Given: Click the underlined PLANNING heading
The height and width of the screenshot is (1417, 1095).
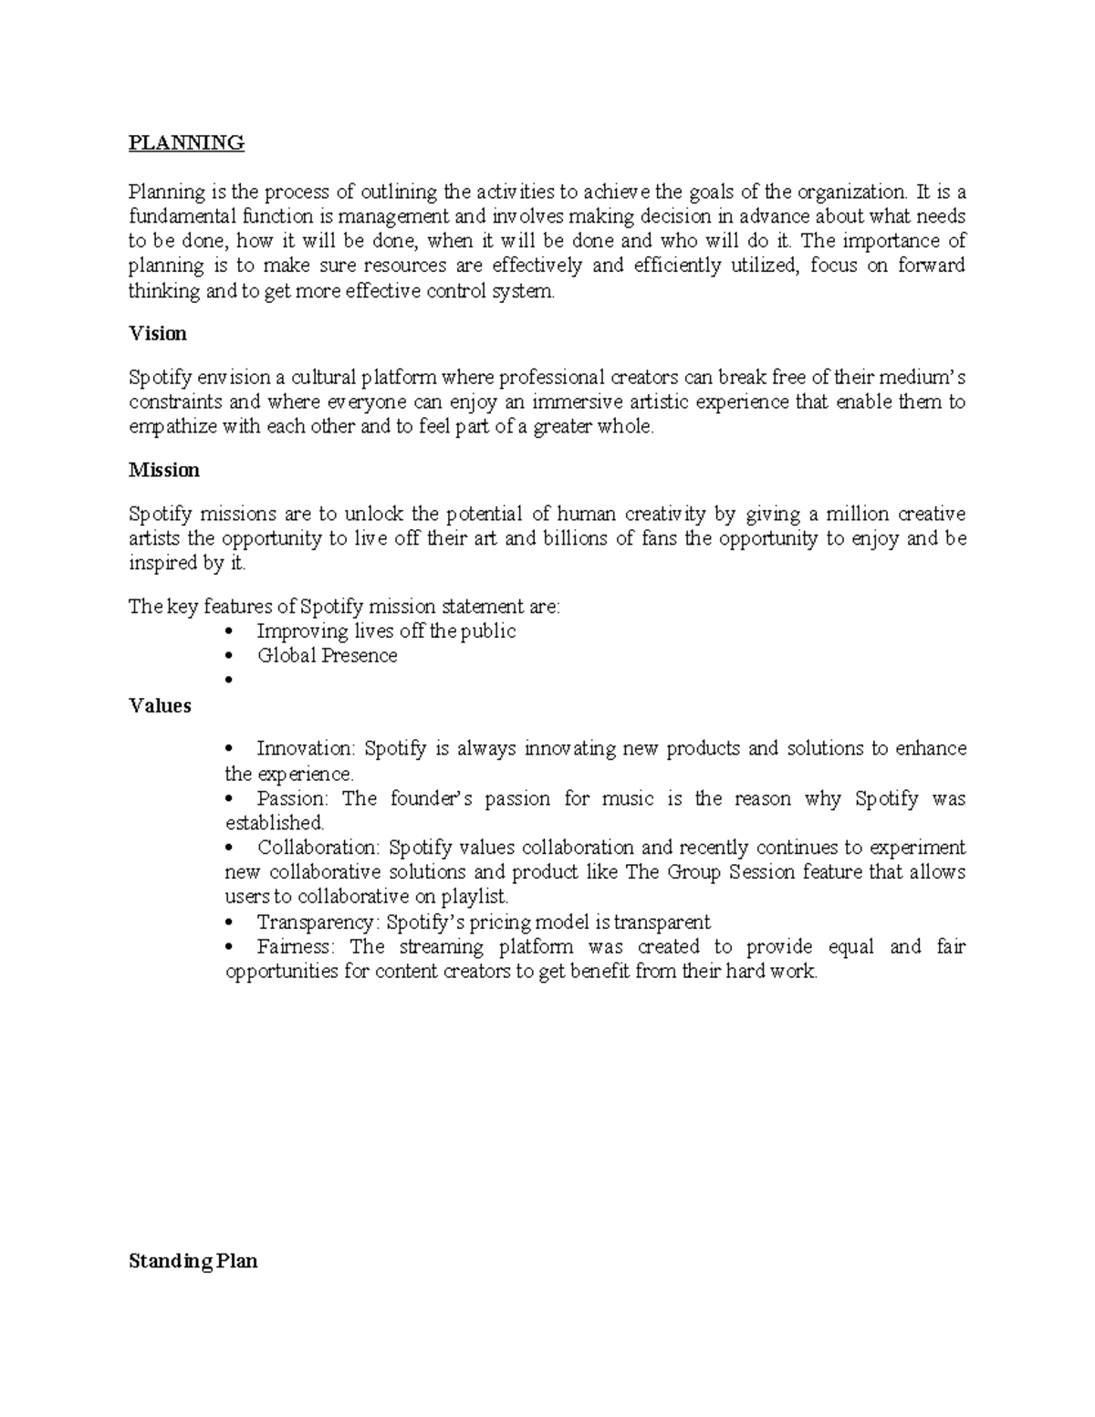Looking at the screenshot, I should click(186, 143).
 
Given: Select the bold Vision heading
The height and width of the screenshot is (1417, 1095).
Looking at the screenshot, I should click(158, 334).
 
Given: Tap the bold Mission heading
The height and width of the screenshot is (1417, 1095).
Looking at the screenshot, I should click(164, 470).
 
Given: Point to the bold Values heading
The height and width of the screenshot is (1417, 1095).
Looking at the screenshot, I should click(160, 706).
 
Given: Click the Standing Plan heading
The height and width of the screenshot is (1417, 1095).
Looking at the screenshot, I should click(193, 1262).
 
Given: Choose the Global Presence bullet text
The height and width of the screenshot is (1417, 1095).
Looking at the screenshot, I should click(327, 656).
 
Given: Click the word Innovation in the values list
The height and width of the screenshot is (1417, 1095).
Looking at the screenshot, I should click(305, 749).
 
